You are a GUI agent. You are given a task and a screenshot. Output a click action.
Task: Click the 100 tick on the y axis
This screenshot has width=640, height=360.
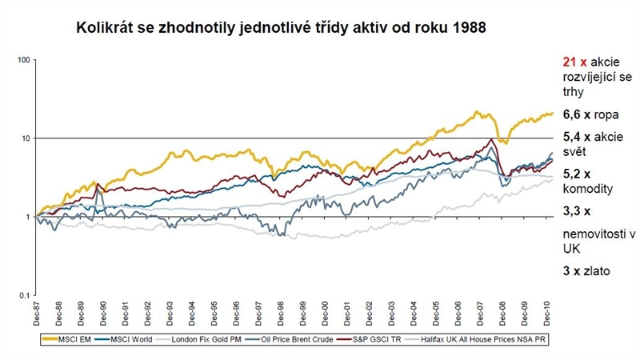23,60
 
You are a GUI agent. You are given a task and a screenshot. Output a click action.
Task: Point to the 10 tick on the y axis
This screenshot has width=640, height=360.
25,138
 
